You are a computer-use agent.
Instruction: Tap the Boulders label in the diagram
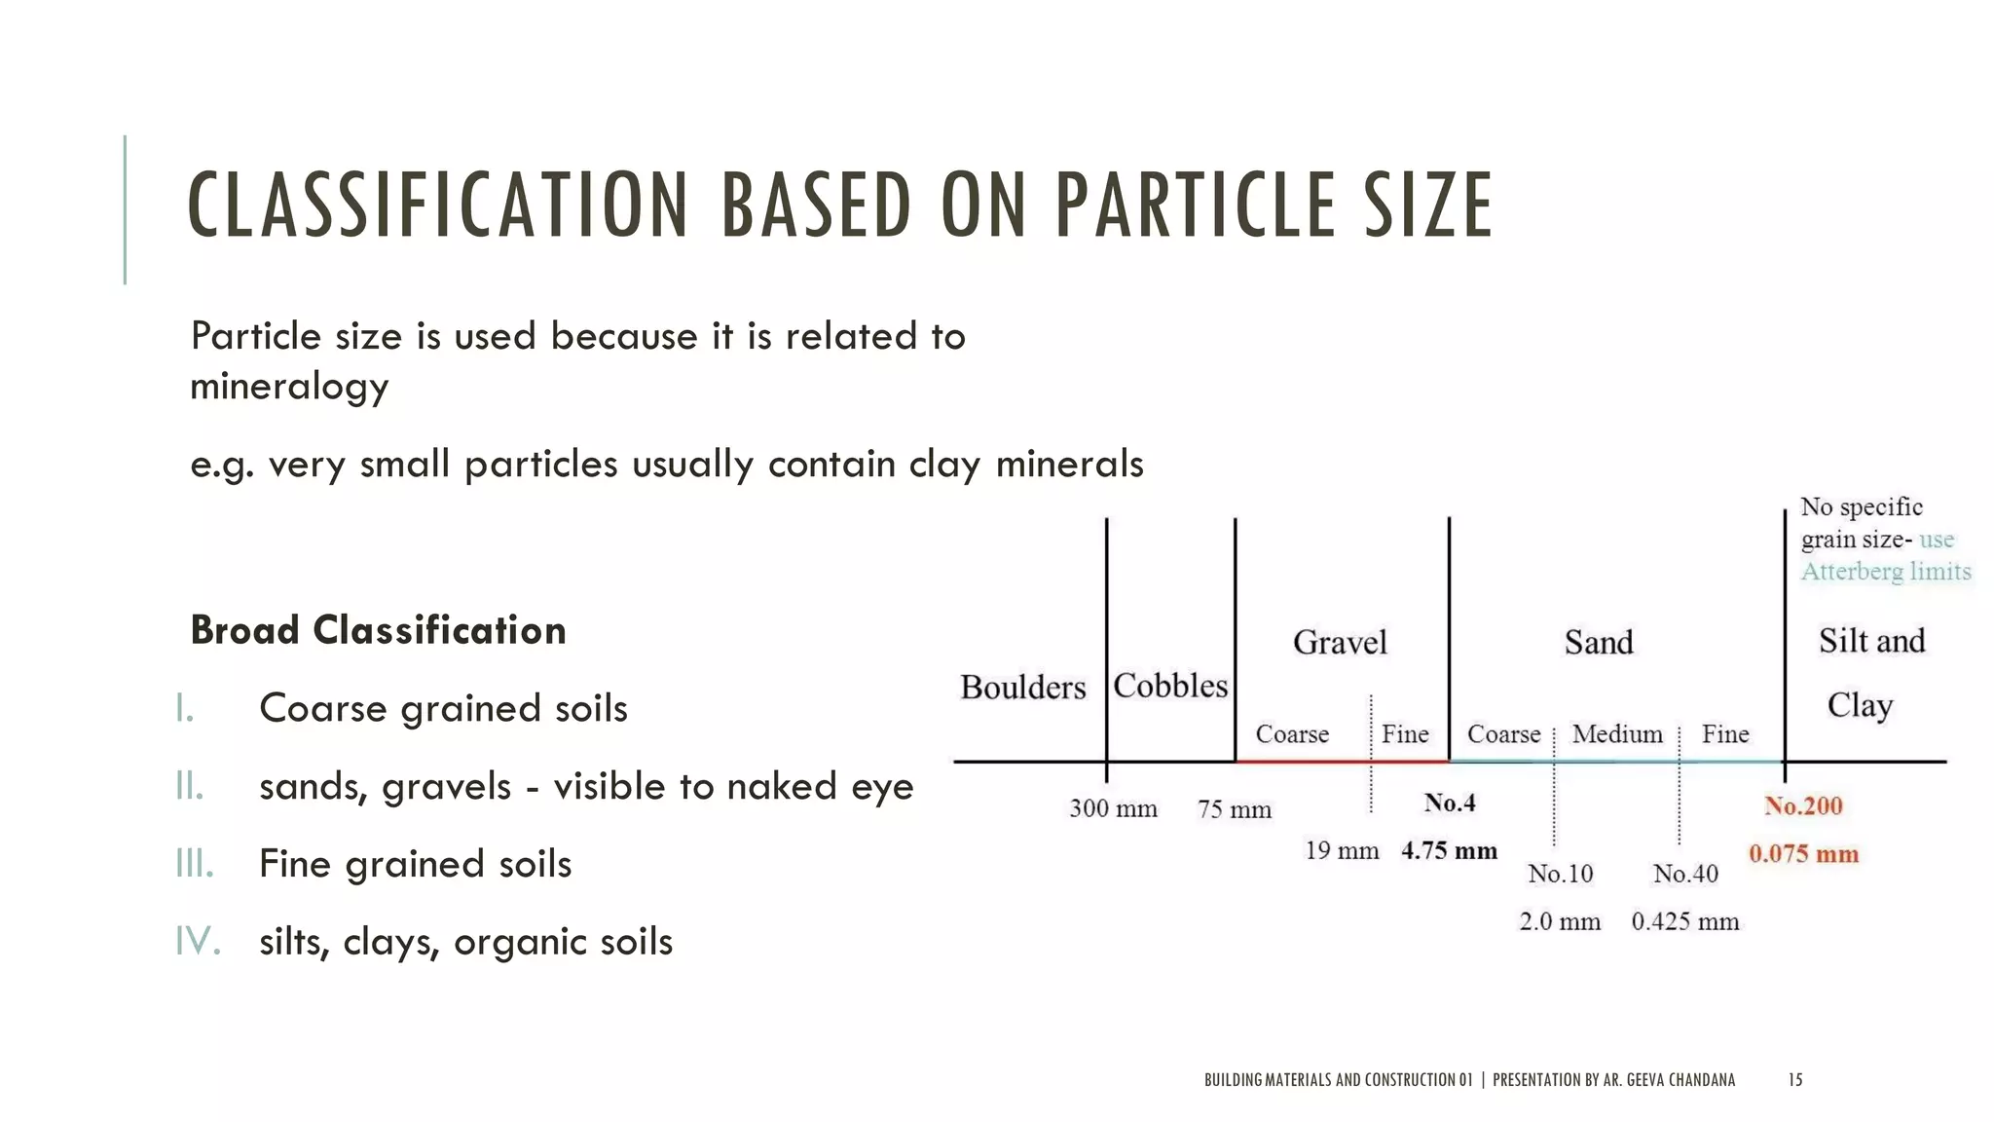tap(1022, 688)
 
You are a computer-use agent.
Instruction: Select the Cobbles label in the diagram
tap(1170, 686)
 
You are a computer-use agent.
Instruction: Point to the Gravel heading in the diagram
tap(1340, 643)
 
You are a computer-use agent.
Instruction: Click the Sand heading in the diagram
tap(1599, 643)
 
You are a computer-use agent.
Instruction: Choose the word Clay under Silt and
tap(1860, 705)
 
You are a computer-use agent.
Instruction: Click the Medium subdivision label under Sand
tap(1617, 734)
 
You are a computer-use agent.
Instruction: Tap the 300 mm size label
tap(1113, 808)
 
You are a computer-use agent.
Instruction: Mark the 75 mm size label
tap(1235, 809)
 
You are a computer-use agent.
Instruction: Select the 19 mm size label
tap(1342, 851)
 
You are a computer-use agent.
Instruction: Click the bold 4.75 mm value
tap(1449, 851)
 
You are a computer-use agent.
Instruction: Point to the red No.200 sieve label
tap(1803, 806)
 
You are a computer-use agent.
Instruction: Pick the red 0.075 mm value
tap(1803, 854)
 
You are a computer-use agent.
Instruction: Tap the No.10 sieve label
tap(1560, 874)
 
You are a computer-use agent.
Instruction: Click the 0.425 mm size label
tap(1684, 921)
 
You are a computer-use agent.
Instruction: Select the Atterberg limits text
tap(1886, 572)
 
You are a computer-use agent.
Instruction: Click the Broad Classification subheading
tap(378, 630)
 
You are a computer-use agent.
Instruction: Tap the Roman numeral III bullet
tap(195, 864)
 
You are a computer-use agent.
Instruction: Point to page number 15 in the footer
tap(1795, 1079)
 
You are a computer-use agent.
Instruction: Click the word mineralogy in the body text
tap(289, 387)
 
